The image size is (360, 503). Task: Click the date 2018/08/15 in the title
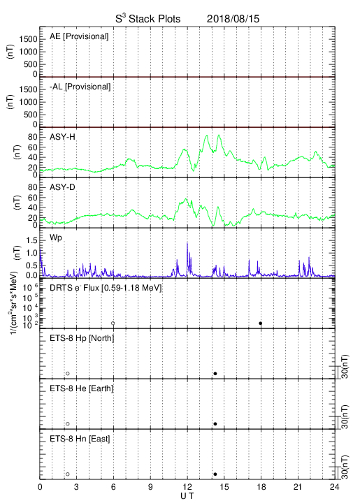point(233,19)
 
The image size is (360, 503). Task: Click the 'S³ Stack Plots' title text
point(148,19)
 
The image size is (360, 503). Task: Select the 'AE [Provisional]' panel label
point(79,36)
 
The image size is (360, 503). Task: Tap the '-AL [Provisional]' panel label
point(80,87)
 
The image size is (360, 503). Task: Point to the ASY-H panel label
point(62,137)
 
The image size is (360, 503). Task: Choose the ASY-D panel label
point(62,187)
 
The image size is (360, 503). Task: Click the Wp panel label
point(56,238)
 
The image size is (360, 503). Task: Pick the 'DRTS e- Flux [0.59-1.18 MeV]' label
point(106,288)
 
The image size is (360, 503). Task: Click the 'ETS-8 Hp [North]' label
point(82,338)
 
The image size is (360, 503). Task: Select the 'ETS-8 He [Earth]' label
point(82,388)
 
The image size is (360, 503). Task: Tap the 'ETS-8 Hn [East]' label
point(80,439)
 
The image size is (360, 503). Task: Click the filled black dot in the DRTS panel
point(261,323)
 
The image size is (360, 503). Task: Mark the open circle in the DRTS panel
point(113,323)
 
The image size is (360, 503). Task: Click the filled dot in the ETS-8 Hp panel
point(215,373)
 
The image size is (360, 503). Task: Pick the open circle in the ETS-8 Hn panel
point(68,474)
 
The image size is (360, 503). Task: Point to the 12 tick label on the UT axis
point(187,487)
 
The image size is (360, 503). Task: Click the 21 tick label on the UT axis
point(298,487)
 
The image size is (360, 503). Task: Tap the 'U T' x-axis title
point(187,496)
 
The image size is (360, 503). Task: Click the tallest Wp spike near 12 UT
point(187,244)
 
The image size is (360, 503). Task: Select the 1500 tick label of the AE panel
point(28,39)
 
